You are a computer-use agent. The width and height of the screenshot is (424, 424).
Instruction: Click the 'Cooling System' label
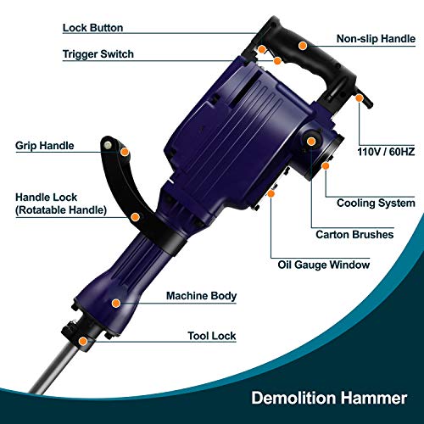pos(376,204)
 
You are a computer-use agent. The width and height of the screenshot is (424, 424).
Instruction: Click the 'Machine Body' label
pos(201,296)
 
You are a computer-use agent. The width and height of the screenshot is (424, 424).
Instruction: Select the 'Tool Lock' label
pos(210,336)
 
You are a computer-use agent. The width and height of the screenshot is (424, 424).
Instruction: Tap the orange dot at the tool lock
pos(82,342)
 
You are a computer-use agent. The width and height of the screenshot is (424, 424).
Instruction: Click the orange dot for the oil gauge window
pos(271,194)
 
